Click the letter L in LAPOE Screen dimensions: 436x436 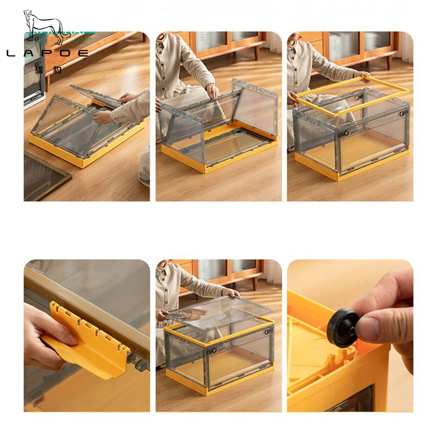point(10,53)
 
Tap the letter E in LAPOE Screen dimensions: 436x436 point(83,53)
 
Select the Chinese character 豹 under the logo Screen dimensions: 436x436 point(57,69)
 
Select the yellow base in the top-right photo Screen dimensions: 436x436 point(351,167)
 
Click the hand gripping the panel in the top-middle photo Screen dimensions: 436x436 point(213,90)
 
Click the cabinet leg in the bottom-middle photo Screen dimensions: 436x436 point(255,283)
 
